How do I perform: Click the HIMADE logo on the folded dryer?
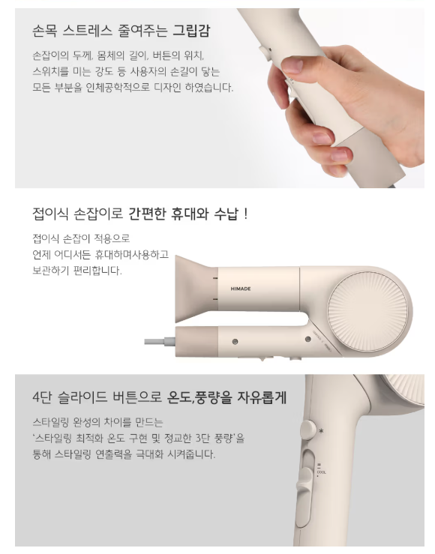tap(241, 289)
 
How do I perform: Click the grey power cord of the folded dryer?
tap(160, 341)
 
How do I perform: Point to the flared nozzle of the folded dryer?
tap(196, 289)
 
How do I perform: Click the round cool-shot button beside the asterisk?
tap(307, 430)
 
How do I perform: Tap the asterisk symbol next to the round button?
tap(321, 431)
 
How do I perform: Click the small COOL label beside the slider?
tap(322, 472)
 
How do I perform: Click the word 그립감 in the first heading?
tap(191, 31)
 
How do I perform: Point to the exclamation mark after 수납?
tap(246, 214)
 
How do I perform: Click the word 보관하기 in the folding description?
tap(50, 271)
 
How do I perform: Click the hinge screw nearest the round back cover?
tap(307, 339)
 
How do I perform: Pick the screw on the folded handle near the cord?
tap(235, 341)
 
